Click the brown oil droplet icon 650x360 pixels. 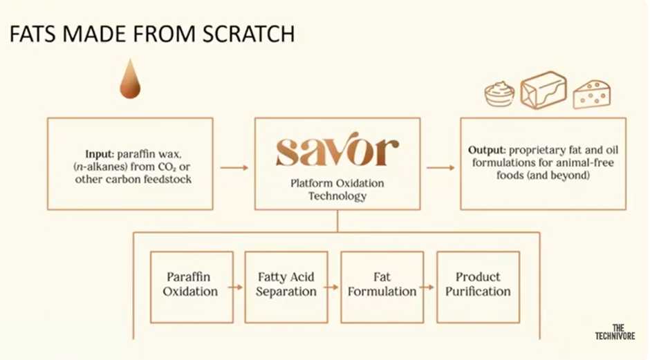pyautogui.click(x=130, y=79)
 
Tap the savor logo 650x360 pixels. pyautogui.click(x=337, y=152)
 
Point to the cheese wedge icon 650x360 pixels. pyautogui.click(x=591, y=94)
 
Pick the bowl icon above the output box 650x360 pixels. pyautogui.click(x=499, y=95)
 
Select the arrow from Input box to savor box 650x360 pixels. pyautogui.click(x=234, y=167)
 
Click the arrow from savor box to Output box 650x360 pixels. pyautogui.click(x=440, y=167)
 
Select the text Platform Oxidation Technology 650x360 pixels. pyautogui.click(x=337, y=189)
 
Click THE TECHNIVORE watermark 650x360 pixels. pyautogui.click(x=614, y=332)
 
